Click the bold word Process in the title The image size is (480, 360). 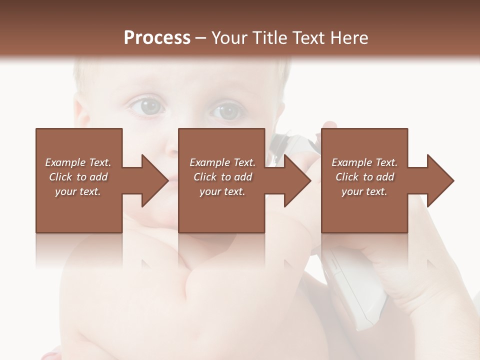(x=157, y=38)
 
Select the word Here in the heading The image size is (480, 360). (x=348, y=38)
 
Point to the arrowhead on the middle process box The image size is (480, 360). (x=297, y=180)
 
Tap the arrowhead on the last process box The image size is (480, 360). (x=440, y=180)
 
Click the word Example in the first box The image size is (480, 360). (x=65, y=162)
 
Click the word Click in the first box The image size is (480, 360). (x=60, y=177)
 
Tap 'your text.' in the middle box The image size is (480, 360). (x=222, y=191)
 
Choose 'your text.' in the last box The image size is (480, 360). (x=364, y=191)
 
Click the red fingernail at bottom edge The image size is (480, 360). (x=50, y=356)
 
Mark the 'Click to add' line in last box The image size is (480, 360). (x=364, y=177)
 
